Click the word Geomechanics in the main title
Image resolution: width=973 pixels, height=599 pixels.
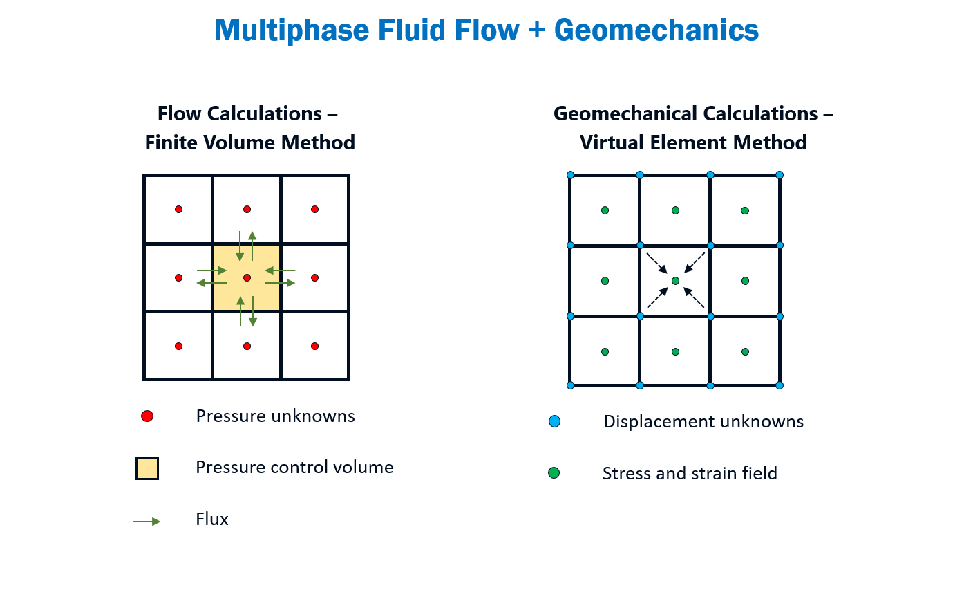click(656, 30)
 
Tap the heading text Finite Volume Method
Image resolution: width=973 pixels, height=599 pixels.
click(249, 142)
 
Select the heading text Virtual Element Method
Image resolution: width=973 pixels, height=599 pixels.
click(693, 142)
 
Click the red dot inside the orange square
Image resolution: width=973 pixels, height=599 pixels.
click(247, 277)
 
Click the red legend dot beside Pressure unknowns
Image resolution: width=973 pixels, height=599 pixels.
click(147, 416)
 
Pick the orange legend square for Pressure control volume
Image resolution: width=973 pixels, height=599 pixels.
click(147, 468)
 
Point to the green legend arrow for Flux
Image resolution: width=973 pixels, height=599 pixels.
click(147, 521)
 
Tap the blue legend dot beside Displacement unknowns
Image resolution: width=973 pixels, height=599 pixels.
click(554, 421)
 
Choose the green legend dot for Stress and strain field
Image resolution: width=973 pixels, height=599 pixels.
click(554, 473)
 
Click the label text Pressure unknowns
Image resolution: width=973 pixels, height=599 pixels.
click(275, 416)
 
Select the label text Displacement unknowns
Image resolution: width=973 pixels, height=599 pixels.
click(703, 421)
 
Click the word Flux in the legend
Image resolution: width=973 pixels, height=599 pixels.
click(212, 519)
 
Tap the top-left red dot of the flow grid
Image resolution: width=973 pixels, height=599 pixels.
click(178, 209)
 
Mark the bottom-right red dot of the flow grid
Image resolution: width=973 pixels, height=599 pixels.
click(314, 346)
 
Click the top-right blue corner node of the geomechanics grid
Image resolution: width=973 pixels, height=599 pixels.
click(780, 175)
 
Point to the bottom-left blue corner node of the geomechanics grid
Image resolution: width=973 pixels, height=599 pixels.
click(570, 385)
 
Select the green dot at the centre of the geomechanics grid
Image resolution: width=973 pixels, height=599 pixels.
click(675, 281)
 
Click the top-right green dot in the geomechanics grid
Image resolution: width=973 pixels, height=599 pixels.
click(745, 210)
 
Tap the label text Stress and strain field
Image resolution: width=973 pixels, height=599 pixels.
click(690, 473)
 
